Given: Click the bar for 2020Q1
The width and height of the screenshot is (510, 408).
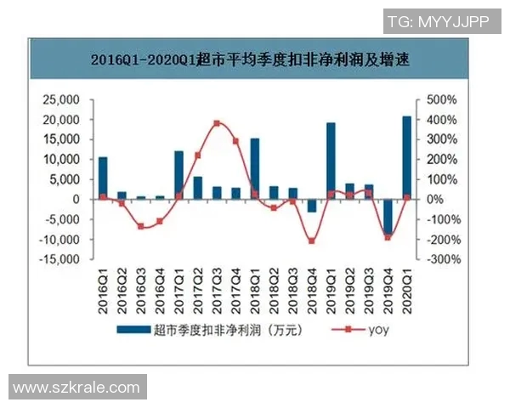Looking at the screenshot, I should [406, 157].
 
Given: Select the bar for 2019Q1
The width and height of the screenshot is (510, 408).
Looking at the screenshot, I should [331, 161].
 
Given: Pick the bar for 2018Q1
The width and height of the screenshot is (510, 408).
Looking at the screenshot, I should [255, 168].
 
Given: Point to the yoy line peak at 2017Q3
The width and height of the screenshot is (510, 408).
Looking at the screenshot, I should [217, 123].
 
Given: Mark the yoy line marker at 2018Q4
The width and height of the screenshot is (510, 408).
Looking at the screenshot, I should [312, 241].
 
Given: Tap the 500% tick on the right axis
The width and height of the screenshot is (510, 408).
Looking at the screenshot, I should [443, 99].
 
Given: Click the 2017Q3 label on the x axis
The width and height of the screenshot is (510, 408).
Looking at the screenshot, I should [218, 285].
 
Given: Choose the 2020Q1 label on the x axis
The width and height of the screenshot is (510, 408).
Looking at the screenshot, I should [407, 285].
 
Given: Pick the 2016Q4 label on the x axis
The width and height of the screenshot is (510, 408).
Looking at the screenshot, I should [160, 285].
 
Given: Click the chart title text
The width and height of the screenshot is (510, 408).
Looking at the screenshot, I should [255, 60].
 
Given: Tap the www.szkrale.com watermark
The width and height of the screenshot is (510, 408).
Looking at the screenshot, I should [76, 388].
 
